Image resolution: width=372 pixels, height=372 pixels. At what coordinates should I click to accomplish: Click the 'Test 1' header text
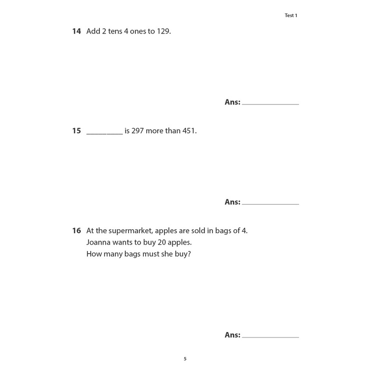click(291, 15)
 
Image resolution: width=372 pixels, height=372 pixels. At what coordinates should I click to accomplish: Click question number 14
click(76, 31)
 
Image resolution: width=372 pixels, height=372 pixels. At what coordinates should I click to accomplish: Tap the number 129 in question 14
click(163, 31)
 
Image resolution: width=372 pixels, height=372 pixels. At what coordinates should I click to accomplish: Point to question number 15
click(76, 131)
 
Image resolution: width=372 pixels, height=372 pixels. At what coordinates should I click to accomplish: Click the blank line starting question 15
click(104, 133)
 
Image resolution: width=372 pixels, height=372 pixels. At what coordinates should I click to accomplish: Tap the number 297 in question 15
click(137, 131)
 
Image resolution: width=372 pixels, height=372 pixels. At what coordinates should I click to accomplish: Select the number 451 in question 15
click(189, 131)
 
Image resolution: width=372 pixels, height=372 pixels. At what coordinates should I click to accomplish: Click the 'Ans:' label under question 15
click(232, 202)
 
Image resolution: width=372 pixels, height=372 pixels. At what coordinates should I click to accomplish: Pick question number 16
click(76, 231)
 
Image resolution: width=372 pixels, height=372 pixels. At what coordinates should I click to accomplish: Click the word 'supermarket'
click(131, 231)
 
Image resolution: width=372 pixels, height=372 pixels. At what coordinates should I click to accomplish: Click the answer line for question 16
click(270, 336)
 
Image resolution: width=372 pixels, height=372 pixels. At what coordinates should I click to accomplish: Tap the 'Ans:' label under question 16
click(232, 335)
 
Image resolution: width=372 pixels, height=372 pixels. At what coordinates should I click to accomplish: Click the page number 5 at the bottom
click(185, 359)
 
